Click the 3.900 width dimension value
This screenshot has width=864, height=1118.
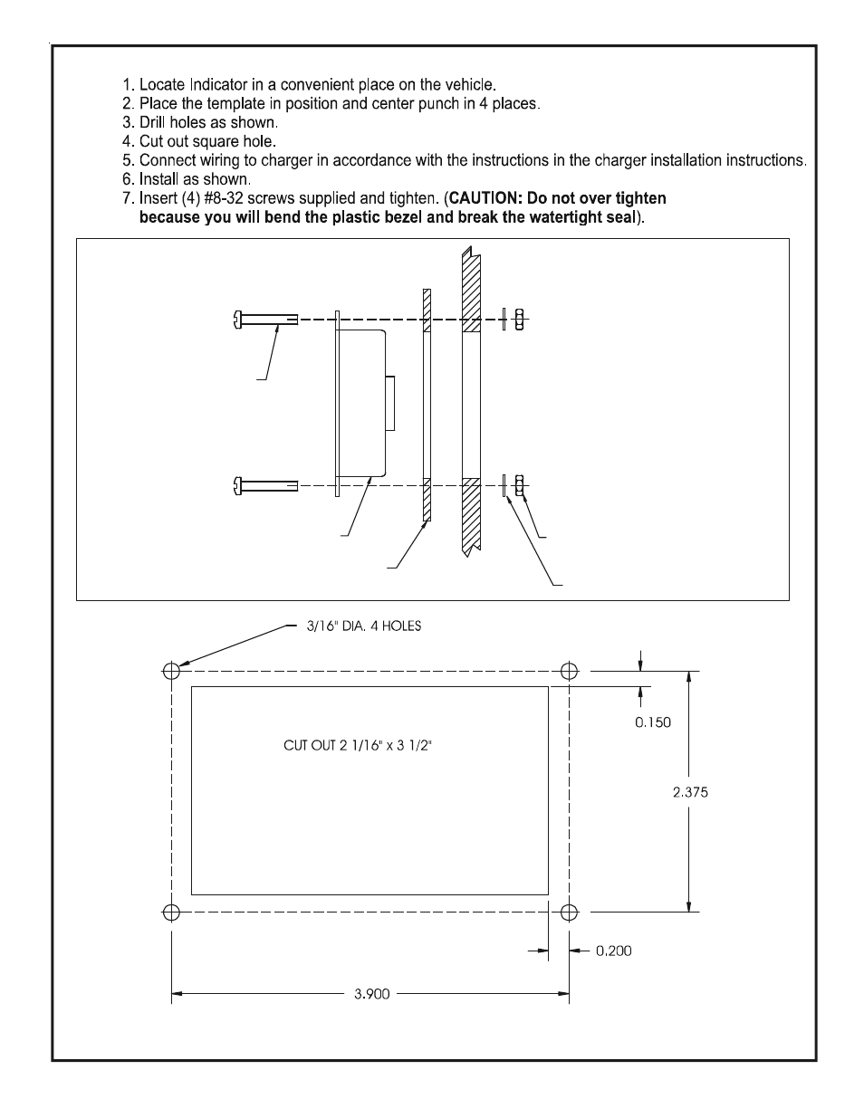point(371,994)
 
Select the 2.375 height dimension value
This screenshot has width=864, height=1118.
point(690,792)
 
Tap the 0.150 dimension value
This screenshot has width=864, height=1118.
point(653,722)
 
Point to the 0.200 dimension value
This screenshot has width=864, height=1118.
point(613,951)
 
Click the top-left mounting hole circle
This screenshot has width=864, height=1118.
point(171,671)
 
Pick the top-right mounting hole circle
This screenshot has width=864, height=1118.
point(569,671)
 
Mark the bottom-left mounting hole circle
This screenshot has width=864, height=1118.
point(171,912)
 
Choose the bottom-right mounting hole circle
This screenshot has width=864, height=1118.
point(569,912)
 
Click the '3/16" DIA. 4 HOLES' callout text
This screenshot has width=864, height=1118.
point(363,626)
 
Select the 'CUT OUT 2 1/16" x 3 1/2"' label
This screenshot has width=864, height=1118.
point(365,746)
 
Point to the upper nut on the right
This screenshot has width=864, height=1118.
point(520,320)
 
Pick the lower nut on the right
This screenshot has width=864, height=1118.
point(520,486)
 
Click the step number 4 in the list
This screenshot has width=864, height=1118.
point(127,141)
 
